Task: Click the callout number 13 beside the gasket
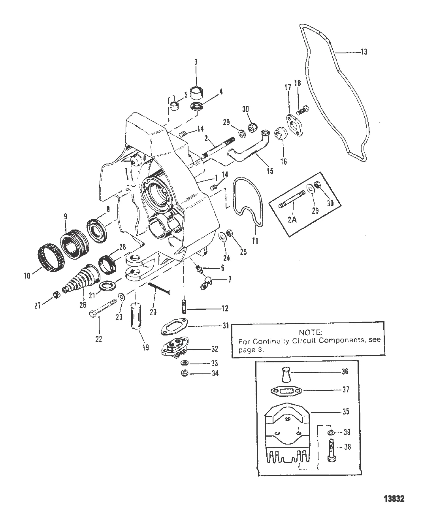[x=364, y=52]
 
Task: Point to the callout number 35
[x=346, y=412]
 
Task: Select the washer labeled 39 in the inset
[x=331, y=433]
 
